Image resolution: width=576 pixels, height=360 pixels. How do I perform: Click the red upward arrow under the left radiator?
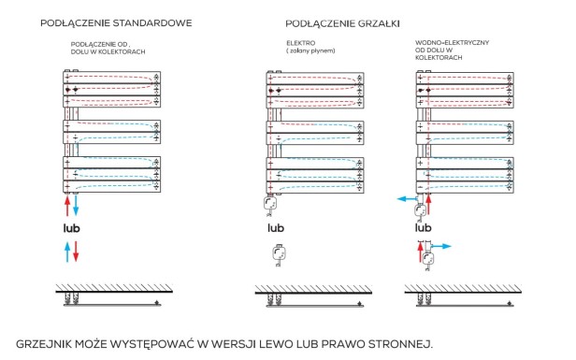pos(66,206)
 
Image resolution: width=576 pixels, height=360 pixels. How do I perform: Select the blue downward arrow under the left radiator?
pos(78,206)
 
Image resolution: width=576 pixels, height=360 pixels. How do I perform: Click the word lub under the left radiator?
pos(71,227)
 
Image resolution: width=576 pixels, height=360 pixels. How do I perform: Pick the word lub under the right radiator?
pos(424,227)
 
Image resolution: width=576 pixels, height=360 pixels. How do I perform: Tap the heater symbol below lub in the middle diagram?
pos(277,252)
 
